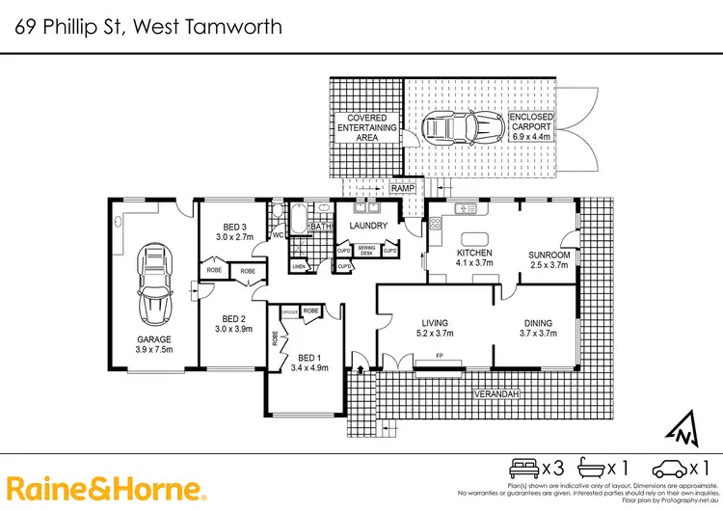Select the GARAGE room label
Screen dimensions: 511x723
tap(153, 339)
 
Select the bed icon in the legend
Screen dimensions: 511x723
tap(525, 469)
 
